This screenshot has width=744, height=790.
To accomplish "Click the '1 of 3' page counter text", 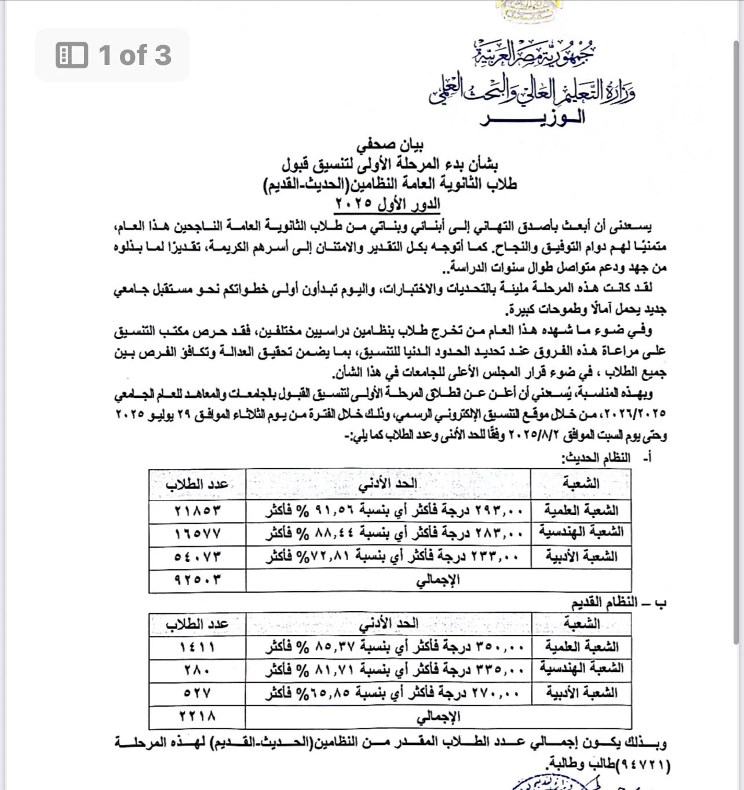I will pos(135,56).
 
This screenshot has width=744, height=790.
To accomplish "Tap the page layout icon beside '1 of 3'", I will pos(72,56).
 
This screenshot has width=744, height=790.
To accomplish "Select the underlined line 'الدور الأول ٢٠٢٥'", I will pos(388,204).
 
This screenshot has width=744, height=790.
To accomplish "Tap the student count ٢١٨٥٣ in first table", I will pos(198,510).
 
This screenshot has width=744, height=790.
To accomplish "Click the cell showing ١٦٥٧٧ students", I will pos(198,532).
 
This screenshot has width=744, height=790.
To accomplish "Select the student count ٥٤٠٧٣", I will pos(198,556).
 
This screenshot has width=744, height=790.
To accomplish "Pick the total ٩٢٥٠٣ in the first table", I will pos(198,580).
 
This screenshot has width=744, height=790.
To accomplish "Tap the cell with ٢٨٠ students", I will pos(198,669).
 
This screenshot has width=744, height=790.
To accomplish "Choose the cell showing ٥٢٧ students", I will pos(198,692).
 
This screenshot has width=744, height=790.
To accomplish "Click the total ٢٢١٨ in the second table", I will pos(198,716).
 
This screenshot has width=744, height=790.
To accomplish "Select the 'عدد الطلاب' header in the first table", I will pos(198,484).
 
